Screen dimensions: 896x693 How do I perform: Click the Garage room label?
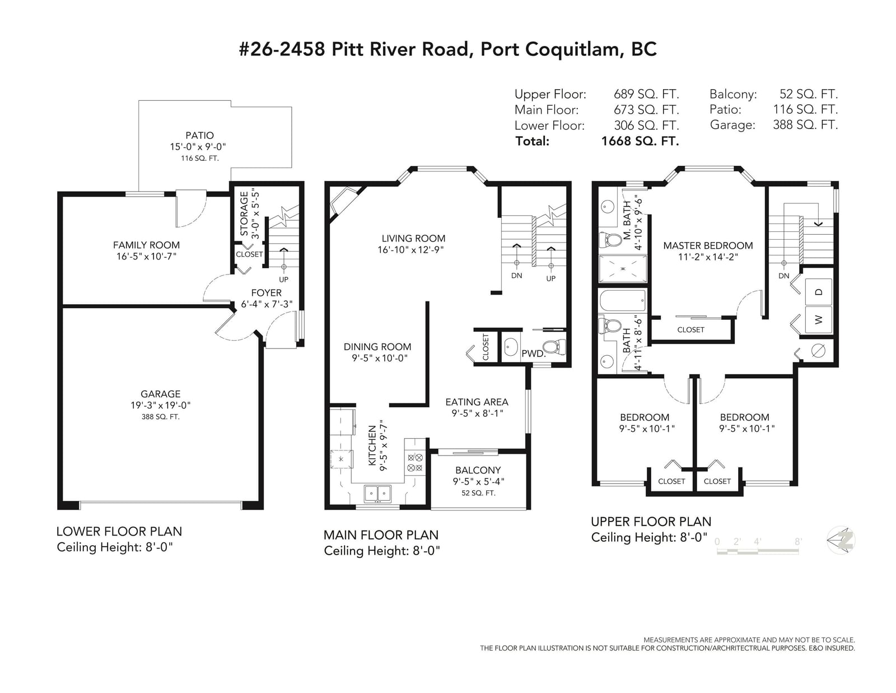click(x=160, y=394)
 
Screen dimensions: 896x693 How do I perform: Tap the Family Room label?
click(x=146, y=245)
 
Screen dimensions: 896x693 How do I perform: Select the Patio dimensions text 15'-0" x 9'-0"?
click(x=198, y=147)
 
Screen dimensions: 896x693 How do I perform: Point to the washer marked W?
click(x=819, y=320)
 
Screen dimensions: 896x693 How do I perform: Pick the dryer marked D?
click(x=819, y=292)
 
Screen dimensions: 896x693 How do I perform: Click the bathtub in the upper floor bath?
click(x=623, y=301)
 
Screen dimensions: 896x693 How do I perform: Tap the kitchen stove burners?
click(x=415, y=462)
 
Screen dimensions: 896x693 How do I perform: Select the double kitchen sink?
click(x=377, y=494)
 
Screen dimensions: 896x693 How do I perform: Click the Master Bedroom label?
click(x=708, y=246)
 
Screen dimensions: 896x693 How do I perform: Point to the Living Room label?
click(x=413, y=239)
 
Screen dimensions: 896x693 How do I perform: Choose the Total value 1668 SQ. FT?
click(x=640, y=141)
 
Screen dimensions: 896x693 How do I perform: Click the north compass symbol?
click(x=841, y=541)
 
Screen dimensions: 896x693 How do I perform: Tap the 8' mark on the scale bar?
click(x=798, y=541)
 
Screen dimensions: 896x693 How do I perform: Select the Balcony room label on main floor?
click(x=478, y=470)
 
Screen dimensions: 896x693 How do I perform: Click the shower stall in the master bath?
click(x=623, y=269)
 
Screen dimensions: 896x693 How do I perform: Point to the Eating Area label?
click(x=477, y=402)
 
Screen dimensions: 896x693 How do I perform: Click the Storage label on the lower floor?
click(x=244, y=213)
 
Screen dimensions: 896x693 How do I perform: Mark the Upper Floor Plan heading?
click(x=651, y=522)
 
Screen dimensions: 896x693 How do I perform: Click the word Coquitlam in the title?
click(x=572, y=49)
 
